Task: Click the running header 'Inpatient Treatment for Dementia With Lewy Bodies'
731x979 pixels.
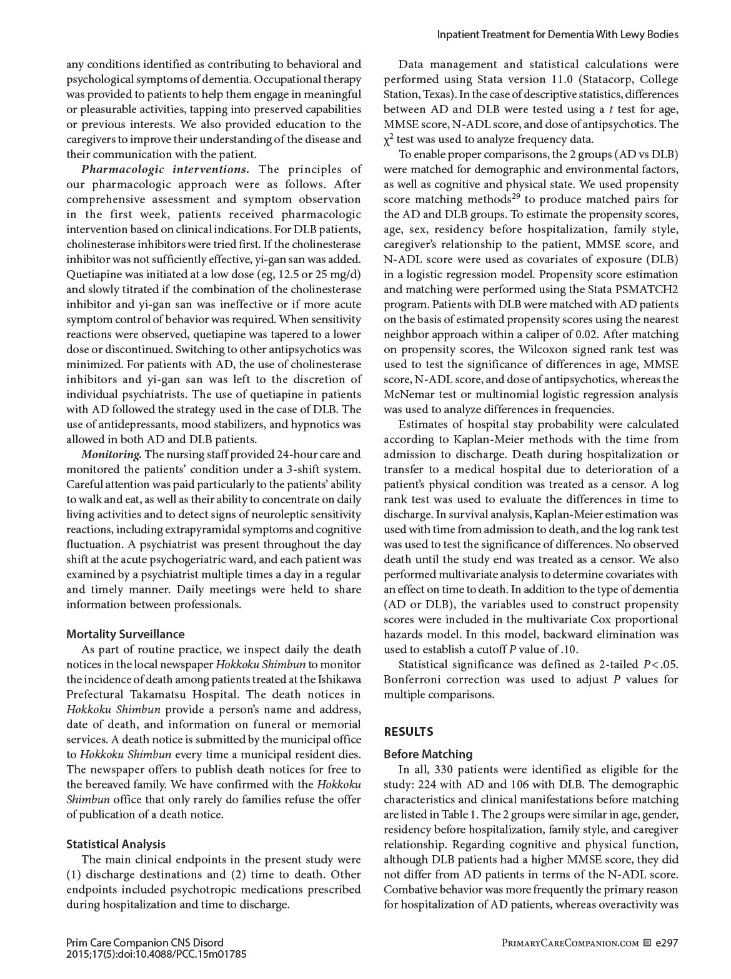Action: (557, 35)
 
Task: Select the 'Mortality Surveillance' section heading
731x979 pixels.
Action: (126, 634)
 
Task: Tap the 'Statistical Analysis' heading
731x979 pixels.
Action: (116, 844)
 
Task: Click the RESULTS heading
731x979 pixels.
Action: (409, 731)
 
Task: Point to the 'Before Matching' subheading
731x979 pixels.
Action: (428, 754)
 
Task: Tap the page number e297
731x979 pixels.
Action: (667, 943)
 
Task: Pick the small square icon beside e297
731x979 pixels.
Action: (647, 943)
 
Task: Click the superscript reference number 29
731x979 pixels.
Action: (516, 197)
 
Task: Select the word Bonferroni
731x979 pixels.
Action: (412, 680)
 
